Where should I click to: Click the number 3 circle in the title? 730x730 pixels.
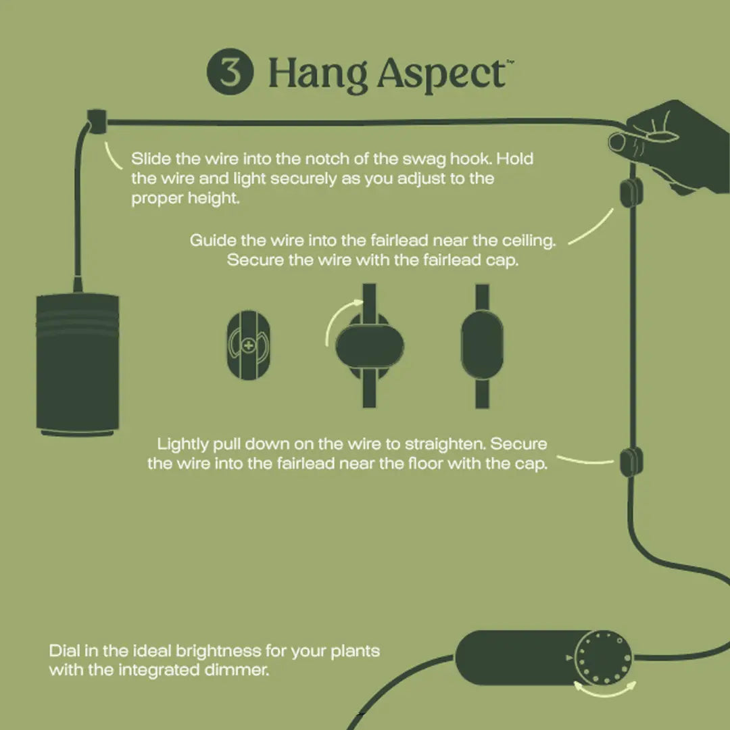230,71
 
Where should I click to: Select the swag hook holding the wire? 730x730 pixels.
97,122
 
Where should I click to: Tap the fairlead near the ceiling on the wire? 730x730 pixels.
631,192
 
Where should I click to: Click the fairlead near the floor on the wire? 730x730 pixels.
631,462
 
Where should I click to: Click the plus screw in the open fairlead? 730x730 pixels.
249,345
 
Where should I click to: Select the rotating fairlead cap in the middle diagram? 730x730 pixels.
370,346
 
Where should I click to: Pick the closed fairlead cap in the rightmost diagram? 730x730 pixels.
482,345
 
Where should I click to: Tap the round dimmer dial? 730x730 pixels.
604,658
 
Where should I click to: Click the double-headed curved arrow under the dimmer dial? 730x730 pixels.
604,693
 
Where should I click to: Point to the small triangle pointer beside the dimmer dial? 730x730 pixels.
569,658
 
